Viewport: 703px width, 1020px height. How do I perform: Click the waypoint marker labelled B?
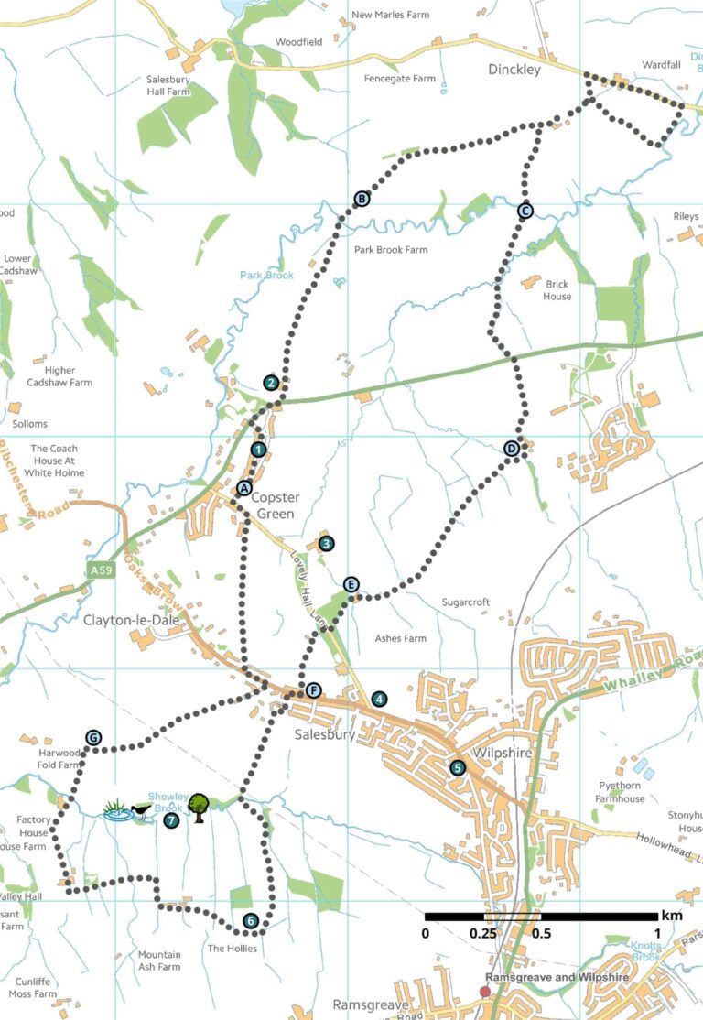362,199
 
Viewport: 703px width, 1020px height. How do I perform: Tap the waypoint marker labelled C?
525,211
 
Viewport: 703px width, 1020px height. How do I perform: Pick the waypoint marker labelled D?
511,449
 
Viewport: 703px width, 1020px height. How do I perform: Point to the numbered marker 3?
326,543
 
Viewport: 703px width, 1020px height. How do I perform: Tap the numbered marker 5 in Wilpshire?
458,767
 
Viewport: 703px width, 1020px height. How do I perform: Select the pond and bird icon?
126,810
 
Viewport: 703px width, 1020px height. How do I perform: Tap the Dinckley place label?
514,70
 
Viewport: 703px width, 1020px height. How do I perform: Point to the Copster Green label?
275,505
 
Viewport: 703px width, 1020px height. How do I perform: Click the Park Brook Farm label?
391,250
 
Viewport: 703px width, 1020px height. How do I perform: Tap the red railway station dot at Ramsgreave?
485,991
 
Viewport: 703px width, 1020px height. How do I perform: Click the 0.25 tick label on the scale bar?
484,933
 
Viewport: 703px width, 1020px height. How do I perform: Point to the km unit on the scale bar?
671,916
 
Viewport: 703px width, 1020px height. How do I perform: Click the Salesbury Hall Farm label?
168,86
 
